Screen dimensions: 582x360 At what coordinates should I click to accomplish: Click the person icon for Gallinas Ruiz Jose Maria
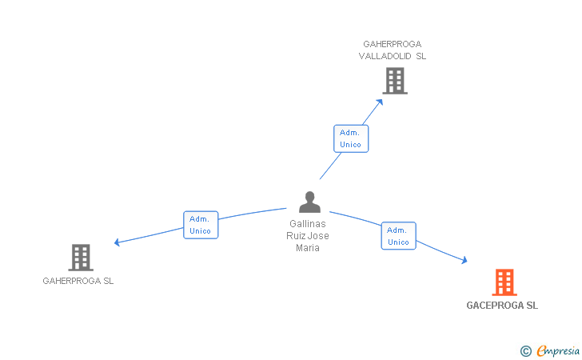click(x=309, y=202)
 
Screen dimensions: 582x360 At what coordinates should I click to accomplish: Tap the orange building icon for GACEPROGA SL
click(x=504, y=282)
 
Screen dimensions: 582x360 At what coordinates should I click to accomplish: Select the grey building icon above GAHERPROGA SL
click(x=81, y=258)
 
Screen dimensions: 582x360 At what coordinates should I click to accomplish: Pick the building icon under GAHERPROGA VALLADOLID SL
click(x=395, y=81)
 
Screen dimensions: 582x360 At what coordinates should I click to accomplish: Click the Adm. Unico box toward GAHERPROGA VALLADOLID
click(x=351, y=138)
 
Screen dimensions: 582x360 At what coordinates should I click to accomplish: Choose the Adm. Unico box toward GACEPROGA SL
click(x=398, y=236)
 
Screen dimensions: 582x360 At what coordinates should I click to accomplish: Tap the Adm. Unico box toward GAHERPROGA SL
click(x=201, y=225)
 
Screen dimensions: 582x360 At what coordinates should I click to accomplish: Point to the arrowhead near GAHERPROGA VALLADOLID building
click(x=379, y=102)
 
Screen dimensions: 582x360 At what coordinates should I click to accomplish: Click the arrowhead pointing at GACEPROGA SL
click(x=464, y=260)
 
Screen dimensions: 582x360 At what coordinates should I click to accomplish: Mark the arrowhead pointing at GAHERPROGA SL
click(x=117, y=242)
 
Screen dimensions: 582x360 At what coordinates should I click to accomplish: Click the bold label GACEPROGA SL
click(x=502, y=306)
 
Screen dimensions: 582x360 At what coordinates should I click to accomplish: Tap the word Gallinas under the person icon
click(x=308, y=224)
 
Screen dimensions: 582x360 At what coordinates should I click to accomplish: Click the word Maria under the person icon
click(x=308, y=248)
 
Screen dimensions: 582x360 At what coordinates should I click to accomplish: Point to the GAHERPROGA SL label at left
click(x=78, y=281)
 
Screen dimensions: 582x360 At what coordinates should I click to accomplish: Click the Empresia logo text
click(x=558, y=350)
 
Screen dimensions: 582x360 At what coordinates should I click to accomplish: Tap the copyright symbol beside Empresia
click(x=526, y=351)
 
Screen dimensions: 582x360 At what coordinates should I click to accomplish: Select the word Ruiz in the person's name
click(x=294, y=236)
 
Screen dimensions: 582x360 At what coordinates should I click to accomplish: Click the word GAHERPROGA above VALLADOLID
click(x=393, y=44)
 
